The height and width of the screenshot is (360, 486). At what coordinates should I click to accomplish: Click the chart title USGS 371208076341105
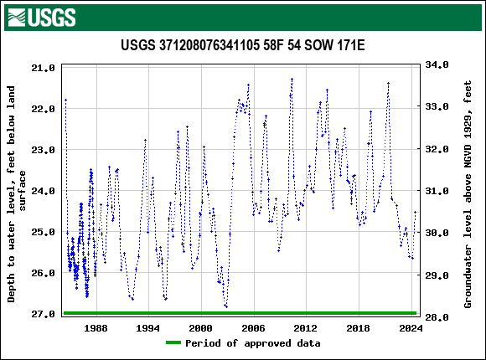[242, 45]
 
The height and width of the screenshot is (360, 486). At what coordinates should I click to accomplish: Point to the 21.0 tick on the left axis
[45, 67]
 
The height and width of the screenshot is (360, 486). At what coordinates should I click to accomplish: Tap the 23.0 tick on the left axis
[45, 150]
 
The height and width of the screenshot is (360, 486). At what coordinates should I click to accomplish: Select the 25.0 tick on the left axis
[45, 232]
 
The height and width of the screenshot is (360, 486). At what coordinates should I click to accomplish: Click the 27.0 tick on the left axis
[45, 314]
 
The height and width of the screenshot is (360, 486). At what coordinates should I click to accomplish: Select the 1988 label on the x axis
[96, 329]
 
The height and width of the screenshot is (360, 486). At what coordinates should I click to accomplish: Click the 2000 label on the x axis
[201, 329]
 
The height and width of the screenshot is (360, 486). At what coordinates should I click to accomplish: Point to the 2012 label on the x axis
[306, 329]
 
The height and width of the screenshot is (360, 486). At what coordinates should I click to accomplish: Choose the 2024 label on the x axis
[411, 329]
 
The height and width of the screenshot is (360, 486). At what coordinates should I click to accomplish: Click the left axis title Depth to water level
[18, 193]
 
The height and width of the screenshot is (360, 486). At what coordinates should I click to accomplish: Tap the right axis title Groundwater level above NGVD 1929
[468, 191]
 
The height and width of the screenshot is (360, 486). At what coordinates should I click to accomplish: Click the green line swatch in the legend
[173, 343]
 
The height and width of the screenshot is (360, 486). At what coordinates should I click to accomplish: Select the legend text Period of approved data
[252, 343]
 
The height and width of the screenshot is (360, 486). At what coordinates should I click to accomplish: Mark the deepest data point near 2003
[226, 307]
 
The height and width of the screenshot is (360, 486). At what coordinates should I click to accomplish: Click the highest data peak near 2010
[292, 79]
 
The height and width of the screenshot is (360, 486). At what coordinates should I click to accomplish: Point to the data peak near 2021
[388, 83]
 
